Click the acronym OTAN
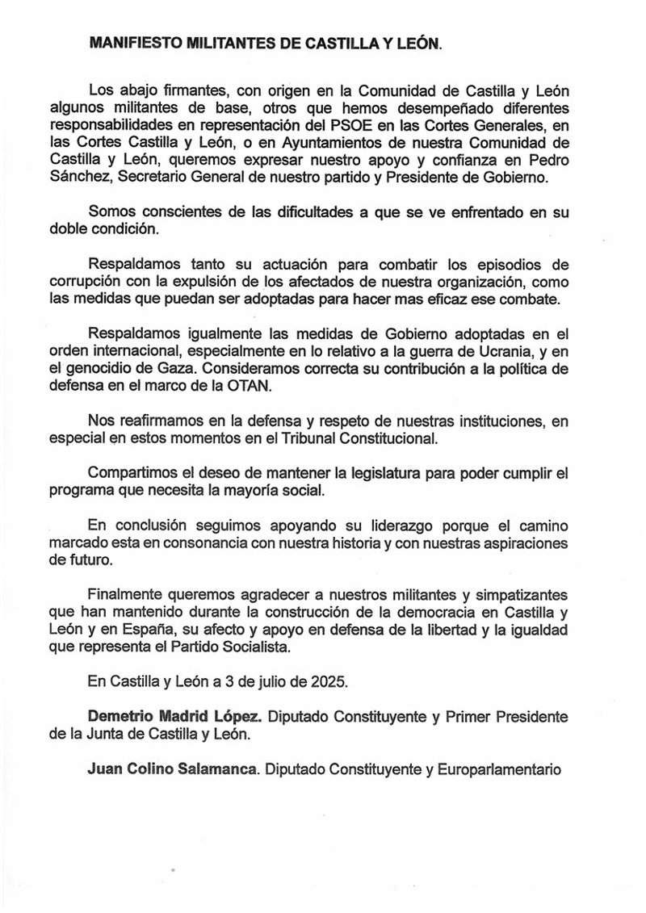[x=254, y=387]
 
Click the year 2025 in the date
[x=329, y=681]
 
